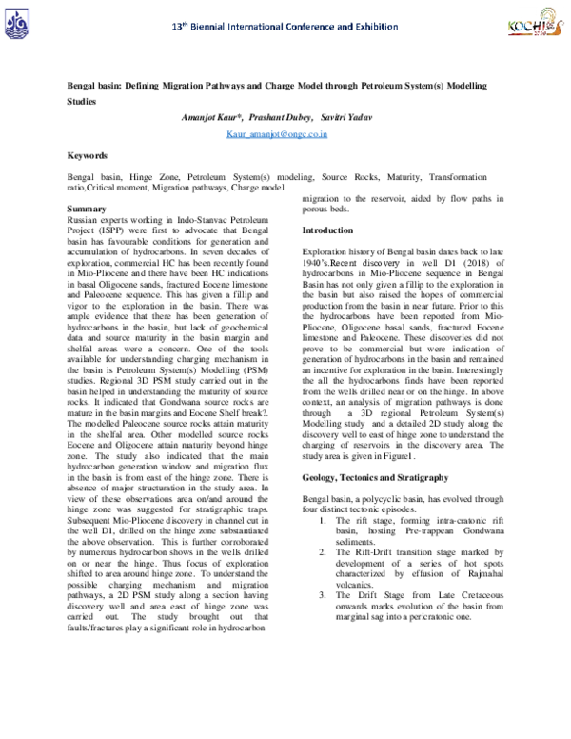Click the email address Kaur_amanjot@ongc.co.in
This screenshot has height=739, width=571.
(x=277, y=135)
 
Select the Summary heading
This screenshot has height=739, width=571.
(x=88, y=209)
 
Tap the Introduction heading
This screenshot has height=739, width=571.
(x=327, y=231)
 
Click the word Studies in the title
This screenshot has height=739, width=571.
(x=83, y=99)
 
